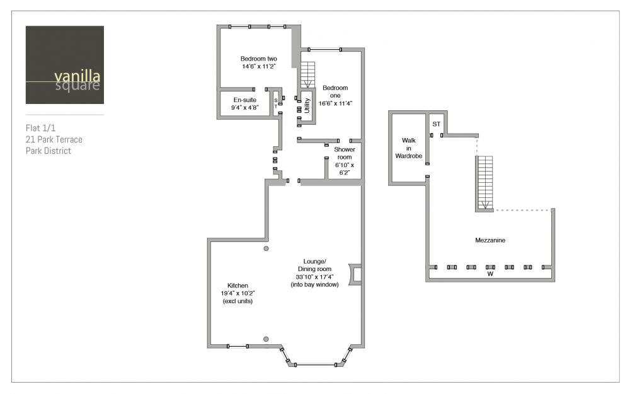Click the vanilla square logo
[65, 65]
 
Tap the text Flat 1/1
[40, 128]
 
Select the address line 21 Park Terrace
[54, 139]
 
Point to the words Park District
[49, 151]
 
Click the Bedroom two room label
[259, 59]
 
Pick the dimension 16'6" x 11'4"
[336, 103]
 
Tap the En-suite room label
[244, 100]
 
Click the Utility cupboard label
[307, 105]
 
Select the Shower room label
[345, 153]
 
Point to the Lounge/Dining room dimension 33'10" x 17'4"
[314, 277]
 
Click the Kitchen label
[238, 286]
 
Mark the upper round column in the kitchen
[266, 248]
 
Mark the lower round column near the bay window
[266, 339]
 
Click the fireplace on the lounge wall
[355, 275]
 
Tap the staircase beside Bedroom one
[308, 75]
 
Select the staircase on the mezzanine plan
[485, 183]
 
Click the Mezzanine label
[490, 240]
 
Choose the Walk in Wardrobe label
[409, 148]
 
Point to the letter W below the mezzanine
[490, 274]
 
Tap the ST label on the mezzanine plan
[437, 124]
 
